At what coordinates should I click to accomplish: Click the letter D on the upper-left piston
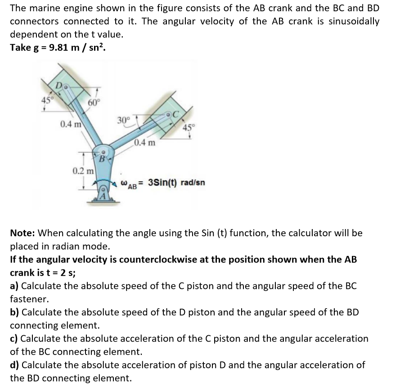point(58,85)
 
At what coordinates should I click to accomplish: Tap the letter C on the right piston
point(176,114)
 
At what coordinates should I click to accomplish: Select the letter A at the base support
point(103,196)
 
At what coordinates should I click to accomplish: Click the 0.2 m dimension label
point(83,171)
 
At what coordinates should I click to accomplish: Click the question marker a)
point(15,286)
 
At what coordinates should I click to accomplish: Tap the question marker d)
point(15,365)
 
